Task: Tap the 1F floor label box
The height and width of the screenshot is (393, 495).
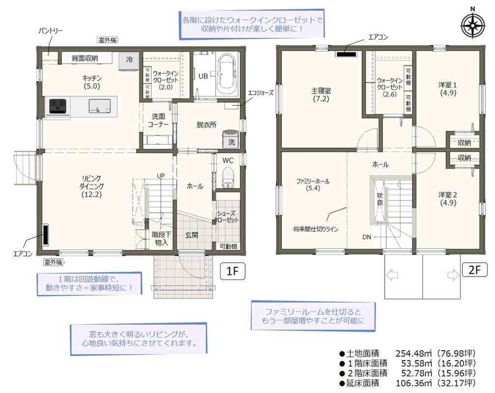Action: (232, 271)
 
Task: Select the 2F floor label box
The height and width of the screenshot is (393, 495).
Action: (474, 270)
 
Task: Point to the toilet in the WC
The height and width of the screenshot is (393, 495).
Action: (227, 177)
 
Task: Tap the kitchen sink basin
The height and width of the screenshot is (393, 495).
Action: (99, 106)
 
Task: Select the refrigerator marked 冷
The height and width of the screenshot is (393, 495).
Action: (129, 60)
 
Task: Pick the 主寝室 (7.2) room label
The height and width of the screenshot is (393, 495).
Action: (321, 95)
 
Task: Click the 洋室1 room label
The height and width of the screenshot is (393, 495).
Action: (448, 89)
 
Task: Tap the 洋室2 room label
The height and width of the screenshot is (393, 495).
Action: (448, 199)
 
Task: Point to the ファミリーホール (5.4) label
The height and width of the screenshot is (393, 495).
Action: (313, 185)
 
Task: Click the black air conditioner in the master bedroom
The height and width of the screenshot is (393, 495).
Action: (346, 54)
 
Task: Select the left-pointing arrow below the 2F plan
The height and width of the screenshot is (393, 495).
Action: (392, 275)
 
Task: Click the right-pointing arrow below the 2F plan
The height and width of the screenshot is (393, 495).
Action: (453, 275)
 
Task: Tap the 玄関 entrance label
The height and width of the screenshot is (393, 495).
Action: (192, 235)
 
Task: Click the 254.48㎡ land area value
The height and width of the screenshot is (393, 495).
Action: (413, 353)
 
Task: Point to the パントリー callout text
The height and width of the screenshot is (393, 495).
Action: (51, 30)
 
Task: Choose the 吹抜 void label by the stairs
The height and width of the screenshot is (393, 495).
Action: (380, 199)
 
